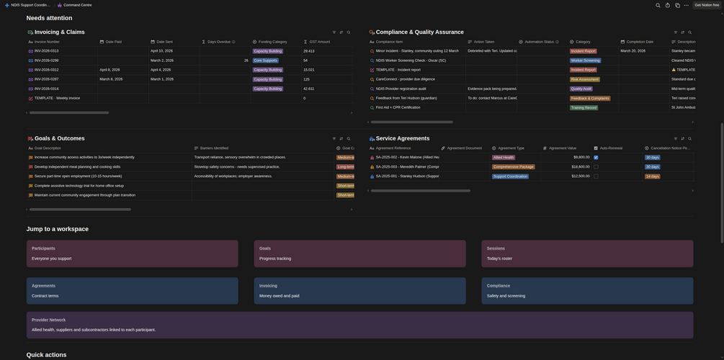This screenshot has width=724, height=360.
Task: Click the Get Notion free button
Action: pyautogui.click(x=706, y=5)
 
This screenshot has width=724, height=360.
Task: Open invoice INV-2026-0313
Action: pyautogui.click(x=47, y=51)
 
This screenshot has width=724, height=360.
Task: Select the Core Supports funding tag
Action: pyautogui.click(x=265, y=60)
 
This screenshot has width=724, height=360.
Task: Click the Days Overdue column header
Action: pyautogui.click(x=219, y=42)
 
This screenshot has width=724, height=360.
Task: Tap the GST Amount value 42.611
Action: pyautogui.click(x=309, y=89)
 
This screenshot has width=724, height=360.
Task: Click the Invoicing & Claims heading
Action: pyautogui.click(x=60, y=32)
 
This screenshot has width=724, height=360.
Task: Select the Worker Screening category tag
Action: pyautogui.click(x=585, y=60)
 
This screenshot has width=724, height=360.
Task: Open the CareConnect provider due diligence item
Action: pyautogui.click(x=406, y=79)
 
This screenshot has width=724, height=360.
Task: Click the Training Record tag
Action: pyautogui.click(x=584, y=107)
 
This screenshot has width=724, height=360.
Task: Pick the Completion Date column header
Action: pyautogui.click(x=640, y=42)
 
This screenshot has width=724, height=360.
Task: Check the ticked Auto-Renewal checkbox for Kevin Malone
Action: pyautogui.click(x=596, y=157)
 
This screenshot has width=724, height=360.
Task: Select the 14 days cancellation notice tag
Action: pyautogui.click(x=652, y=176)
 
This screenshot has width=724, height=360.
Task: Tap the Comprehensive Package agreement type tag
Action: pyautogui.click(x=514, y=166)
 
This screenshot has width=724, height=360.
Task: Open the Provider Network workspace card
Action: pyautogui.click(x=359, y=325)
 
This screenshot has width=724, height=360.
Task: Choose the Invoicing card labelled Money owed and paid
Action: pyautogui.click(x=359, y=291)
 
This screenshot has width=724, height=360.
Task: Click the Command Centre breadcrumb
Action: pyautogui.click(x=77, y=5)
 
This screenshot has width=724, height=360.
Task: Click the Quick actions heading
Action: pyautogui.click(x=46, y=355)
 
